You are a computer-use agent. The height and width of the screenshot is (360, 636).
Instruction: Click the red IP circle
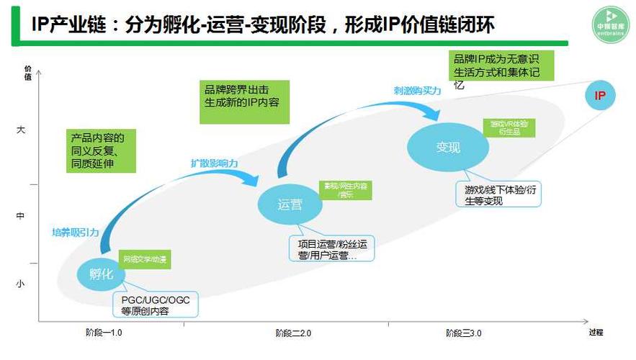pyautogui.click(x=600, y=96)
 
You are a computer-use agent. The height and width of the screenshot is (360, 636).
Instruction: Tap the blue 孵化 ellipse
pyautogui.click(x=102, y=274)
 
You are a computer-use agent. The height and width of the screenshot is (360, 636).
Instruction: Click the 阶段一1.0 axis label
pyautogui.click(x=104, y=333)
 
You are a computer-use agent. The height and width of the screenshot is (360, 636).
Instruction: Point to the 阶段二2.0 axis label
pyautogui.click(x=293, y=333)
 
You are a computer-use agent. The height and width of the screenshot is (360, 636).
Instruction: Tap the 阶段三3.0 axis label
pyautogui.click(x=463, y=333)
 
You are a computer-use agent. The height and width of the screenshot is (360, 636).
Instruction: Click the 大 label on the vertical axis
pyautogui.click(x=20, y=130)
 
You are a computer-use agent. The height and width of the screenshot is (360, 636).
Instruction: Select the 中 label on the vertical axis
pyautogui.click(x=20, y=215)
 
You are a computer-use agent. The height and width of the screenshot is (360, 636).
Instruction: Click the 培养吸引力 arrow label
pyautogui.click(x=75, y=232)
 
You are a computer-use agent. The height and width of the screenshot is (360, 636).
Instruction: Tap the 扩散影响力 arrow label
pyautogui.click(x=214, y=163)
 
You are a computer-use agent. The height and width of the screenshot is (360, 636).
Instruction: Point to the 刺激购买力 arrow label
pyautogui.click(x=417, y=91)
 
